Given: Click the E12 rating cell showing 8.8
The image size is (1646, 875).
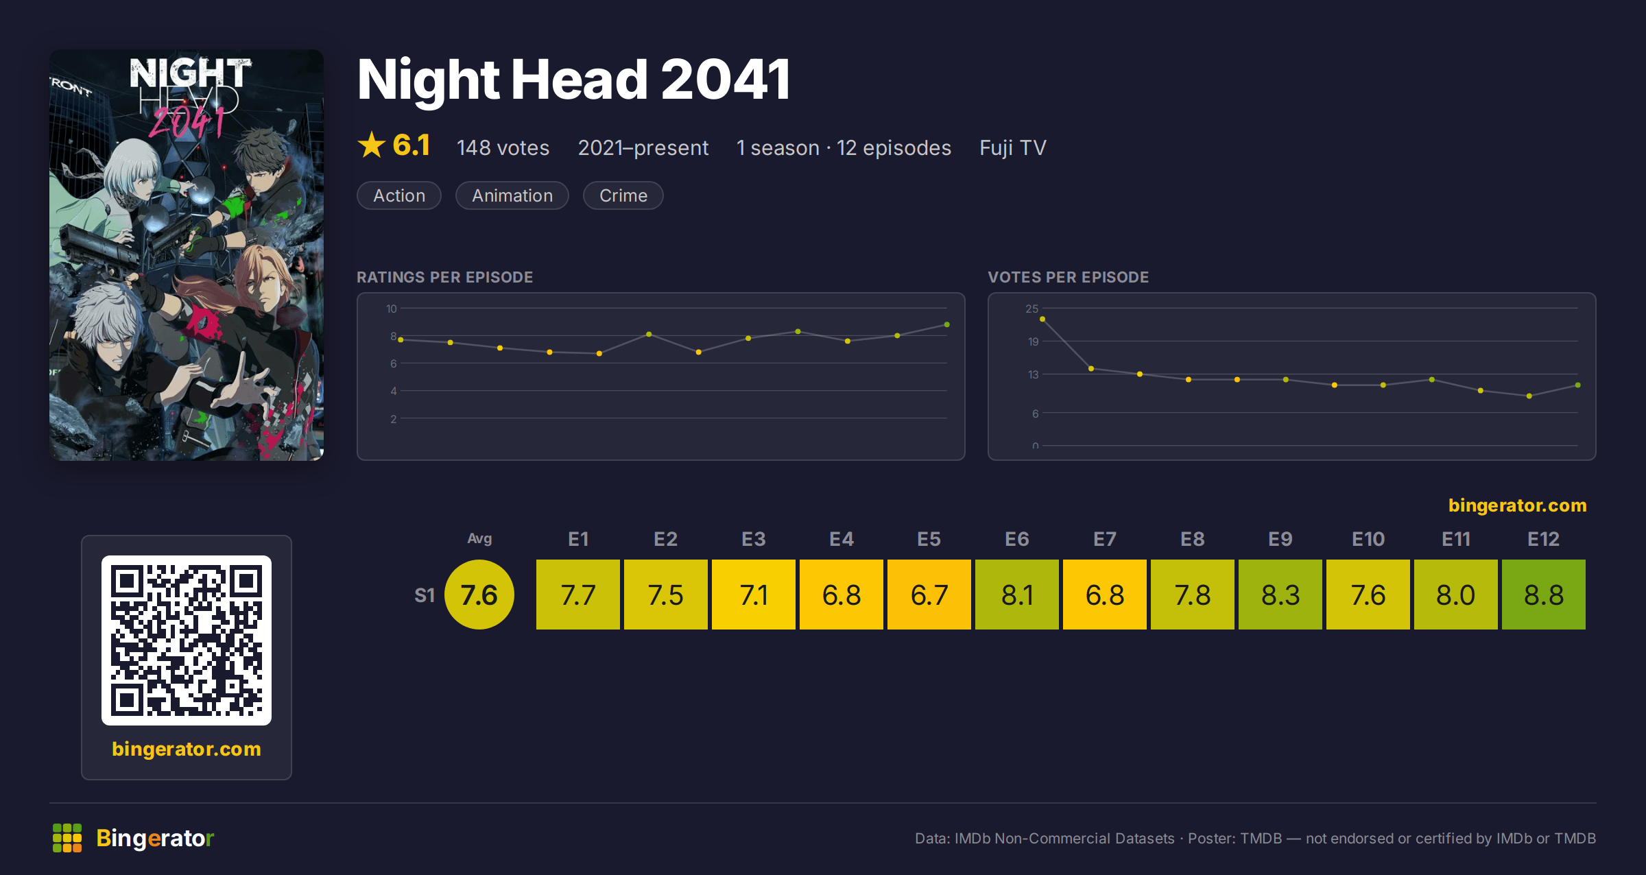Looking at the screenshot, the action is pos(1543,595).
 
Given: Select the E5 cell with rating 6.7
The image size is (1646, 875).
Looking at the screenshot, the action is pos(929,595).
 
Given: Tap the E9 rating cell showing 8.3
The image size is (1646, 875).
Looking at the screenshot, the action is pos(1280,595).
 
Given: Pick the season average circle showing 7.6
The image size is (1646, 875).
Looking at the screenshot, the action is pos(479,595).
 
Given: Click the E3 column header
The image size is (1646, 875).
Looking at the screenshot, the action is pos(753,539).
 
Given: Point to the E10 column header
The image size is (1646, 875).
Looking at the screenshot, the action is pos(1368,539).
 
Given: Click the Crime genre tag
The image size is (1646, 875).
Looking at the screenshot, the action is pos(623,195).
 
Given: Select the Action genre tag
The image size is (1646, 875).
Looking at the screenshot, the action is pos(399,195).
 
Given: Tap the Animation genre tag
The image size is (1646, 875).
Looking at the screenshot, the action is pos(512,195).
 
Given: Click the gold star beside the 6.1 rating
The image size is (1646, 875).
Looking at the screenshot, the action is pos(372,145).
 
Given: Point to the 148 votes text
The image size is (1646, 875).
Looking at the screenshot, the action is pos(503,147).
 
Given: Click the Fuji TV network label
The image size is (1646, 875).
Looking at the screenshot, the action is pos(1012,147).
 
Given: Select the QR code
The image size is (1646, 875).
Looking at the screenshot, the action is pos(187,640).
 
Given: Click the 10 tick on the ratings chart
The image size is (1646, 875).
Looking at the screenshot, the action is pos(391,309).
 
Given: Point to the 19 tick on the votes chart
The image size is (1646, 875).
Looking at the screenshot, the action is pos(1033,341).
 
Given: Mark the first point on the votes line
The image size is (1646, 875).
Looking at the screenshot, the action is pos(1042,319).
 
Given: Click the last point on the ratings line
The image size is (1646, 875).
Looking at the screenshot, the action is pos(947,324).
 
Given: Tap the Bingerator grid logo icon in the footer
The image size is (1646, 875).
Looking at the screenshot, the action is pos(67,838).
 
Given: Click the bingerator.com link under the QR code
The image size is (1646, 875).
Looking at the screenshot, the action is pos(187,749).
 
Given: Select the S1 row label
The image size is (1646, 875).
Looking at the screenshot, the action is pos(425,595).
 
